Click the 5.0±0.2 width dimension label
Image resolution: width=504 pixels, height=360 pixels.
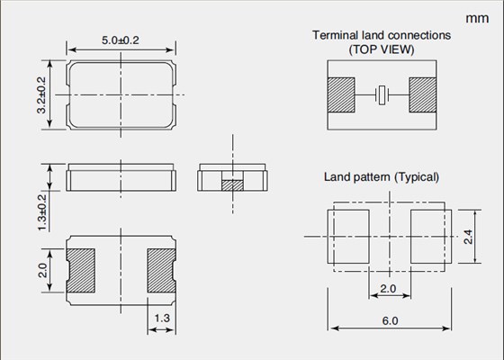(121, 40)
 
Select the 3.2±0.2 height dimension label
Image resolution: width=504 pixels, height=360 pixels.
(41, 95)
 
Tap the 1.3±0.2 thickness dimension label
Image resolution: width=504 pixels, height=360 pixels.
(42, 212)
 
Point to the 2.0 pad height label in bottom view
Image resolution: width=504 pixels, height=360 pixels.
(43, 270)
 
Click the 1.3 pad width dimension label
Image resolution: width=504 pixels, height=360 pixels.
(162, 319)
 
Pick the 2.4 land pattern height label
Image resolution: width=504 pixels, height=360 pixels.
(468, 237)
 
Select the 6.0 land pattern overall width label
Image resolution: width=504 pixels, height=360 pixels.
(390, 320)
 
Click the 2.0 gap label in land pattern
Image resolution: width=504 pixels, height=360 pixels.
(388, 289)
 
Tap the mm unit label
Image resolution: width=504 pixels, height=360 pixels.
(477, 18)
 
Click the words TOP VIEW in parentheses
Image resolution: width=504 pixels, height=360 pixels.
(382, 49)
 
